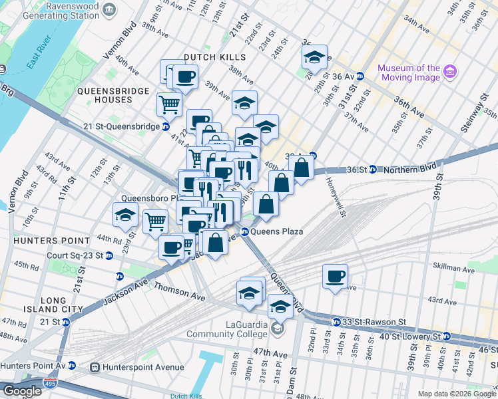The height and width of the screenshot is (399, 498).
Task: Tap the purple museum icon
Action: pos(450,70)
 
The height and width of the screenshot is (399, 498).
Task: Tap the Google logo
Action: pos(22,391)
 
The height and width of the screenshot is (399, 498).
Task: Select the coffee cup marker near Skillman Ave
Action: pos(336,276)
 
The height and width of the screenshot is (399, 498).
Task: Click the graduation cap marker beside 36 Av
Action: pos(314,58)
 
